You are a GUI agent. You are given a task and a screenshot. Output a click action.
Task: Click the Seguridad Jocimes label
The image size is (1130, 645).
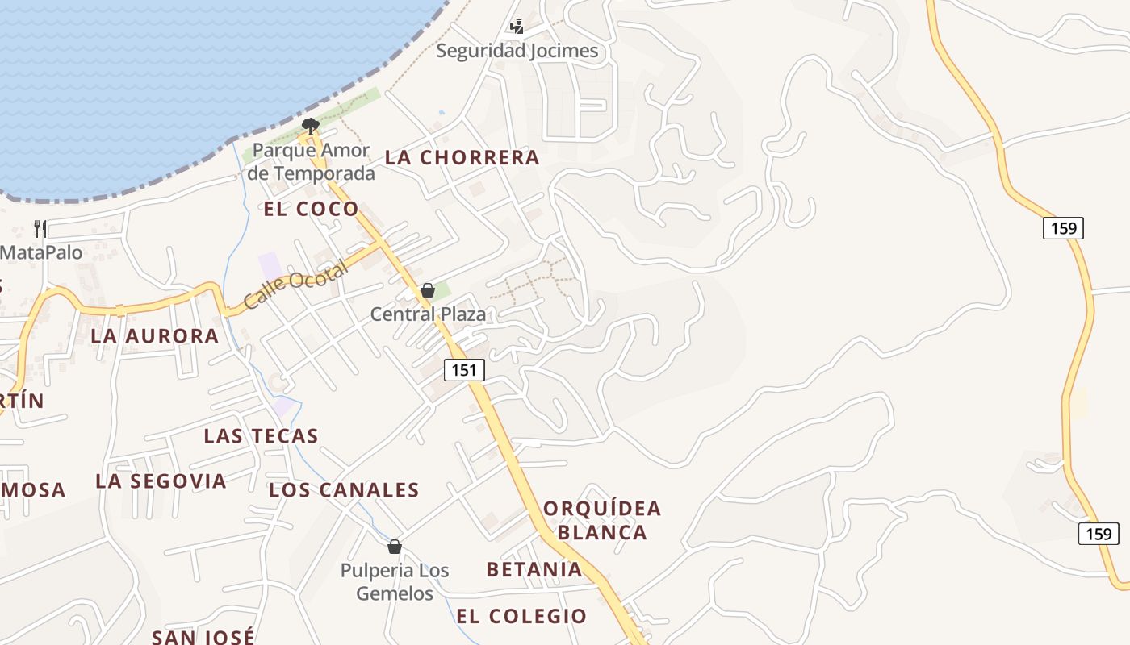tap(517, 51)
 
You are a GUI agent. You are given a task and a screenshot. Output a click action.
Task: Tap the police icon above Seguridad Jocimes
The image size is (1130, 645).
tap(517, 27)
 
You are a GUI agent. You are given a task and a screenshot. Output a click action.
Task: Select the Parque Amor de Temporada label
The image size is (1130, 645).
tap(312, 161)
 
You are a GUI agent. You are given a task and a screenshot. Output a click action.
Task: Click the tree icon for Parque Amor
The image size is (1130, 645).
tap(310, 126)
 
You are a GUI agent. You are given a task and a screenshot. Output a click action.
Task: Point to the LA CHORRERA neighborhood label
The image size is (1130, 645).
tap(462, 157)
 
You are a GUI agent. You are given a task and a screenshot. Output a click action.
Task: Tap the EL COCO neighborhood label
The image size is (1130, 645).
tap(311, 209)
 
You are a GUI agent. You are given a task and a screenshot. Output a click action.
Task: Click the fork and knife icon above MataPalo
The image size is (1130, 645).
tap(40, 229)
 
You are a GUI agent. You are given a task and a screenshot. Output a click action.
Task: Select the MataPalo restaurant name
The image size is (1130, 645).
tap(41, 252)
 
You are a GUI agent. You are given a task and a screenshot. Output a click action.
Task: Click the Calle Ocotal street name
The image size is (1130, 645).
tap(295, 285)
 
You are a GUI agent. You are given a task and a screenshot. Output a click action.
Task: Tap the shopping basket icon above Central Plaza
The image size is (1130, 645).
tap(428, 290)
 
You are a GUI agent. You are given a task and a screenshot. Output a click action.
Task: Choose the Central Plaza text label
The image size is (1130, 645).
tap(428, 314)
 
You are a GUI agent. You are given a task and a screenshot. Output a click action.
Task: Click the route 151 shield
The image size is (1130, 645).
tap(464, 370)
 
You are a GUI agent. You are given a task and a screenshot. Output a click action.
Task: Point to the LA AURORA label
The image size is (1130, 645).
tap(155, 335)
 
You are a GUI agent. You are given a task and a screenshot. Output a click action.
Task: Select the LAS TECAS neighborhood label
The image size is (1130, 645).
tap(261, 436)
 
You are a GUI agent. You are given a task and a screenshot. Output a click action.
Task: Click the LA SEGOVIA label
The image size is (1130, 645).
tap(161, 481)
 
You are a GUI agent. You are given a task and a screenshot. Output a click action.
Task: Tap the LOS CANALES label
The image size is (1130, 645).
tap(344, 489)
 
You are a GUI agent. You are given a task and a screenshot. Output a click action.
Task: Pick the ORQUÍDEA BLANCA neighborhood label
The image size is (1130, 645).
tap(602, 520)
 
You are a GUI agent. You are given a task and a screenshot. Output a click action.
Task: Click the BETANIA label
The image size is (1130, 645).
tap(534, 569)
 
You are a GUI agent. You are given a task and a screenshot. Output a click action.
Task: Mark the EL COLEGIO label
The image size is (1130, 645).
tap(521, 616)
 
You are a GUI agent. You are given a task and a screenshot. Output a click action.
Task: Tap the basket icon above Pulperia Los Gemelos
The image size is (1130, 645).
tap(395, 547)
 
